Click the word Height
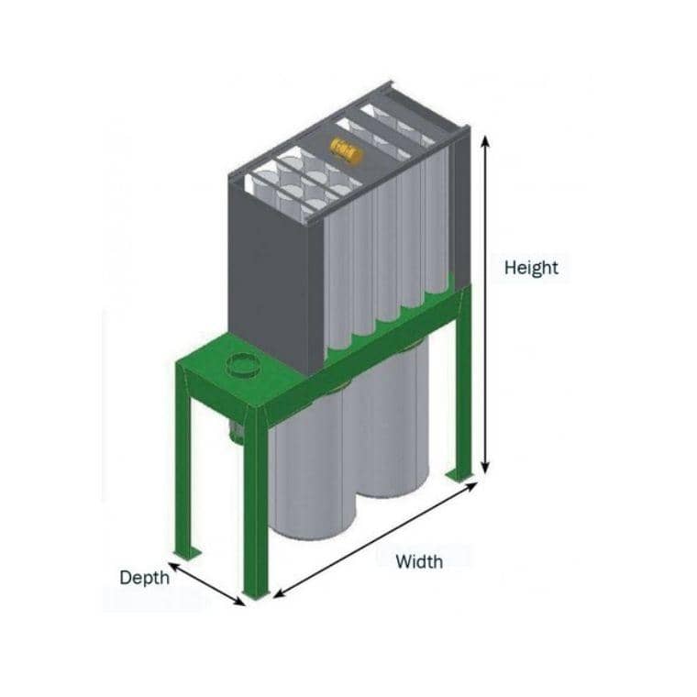(x=531, y=268)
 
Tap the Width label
(x=419, y=561)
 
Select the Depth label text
(x=144, y=578)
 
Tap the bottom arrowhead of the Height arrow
(x=486, y=468)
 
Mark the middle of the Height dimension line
(x=486, y=303)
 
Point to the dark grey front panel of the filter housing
(x=275, y=266)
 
